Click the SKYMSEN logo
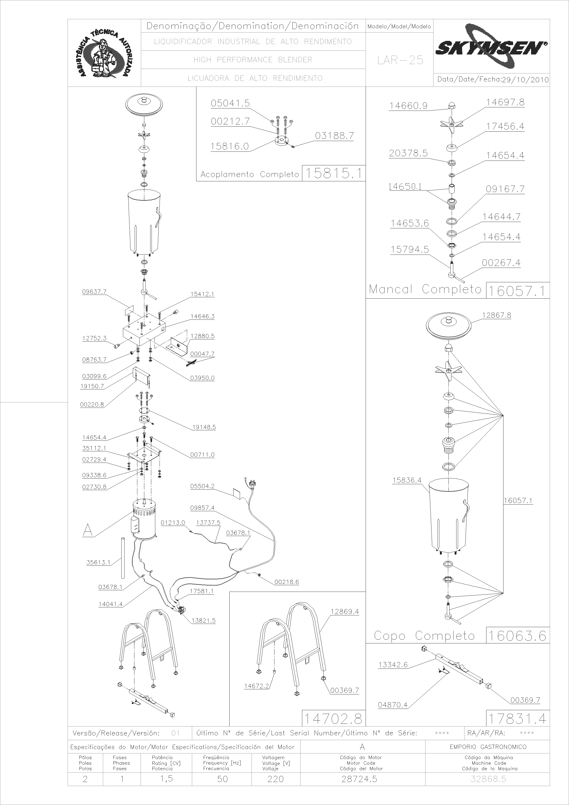tap(491, 46)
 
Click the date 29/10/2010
tap(525, 79)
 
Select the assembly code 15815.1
tap(334, 173)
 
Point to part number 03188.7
tap(334, 136)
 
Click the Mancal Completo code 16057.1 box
tap(517, 291)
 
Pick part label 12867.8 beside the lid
tap(496, 315)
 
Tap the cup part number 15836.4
tap(407, 480)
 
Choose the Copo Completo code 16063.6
tap(517, 636)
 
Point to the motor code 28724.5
tap(359, 779)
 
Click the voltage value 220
tap(275, 779)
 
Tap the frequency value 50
tap(222, 779)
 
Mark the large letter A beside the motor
tap(88, 530)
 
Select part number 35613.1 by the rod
tap(98, 563)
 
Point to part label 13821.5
tap(203, 621)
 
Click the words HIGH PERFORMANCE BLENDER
tap(253, 60)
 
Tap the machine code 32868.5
tap(488, 779)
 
